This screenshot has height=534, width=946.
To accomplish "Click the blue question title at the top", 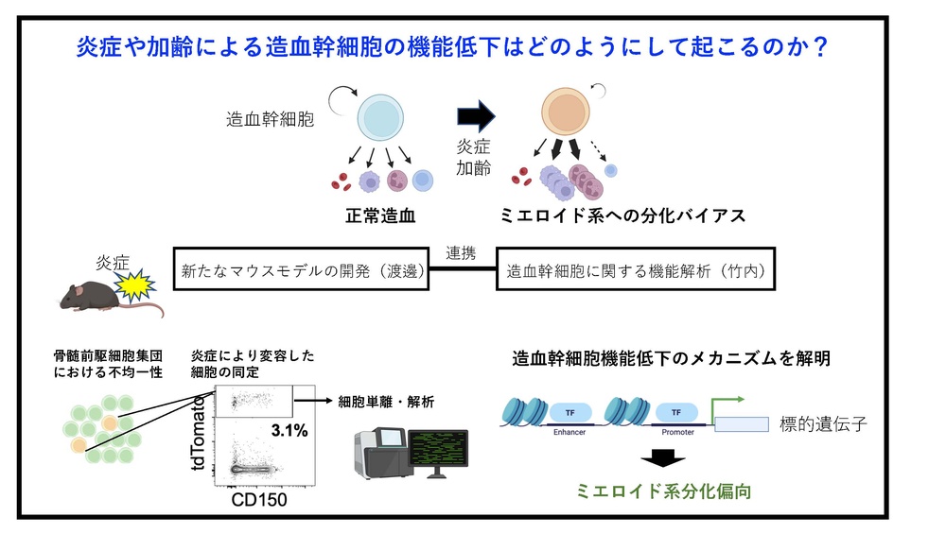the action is click(452, 46).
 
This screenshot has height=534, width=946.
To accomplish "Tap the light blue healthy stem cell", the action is click(380, 117).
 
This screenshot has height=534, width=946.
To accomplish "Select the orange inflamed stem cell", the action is click(566, 112).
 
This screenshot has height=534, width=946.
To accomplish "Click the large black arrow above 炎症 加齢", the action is click(476, 115).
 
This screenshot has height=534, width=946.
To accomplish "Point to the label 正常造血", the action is click(380, 215).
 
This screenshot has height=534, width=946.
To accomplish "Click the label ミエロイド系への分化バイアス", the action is click(622, 215).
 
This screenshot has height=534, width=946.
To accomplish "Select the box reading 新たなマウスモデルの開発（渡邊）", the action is click(301, 268).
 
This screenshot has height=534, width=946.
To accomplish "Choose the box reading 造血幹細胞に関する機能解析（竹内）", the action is click(636, 268).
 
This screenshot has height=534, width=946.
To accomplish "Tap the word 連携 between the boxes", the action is click(461, 253).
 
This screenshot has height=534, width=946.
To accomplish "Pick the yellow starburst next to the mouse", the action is click(135, 285).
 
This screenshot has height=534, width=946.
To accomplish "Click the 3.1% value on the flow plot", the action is click(289, 430).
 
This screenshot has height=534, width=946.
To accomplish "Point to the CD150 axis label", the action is click(259, 500).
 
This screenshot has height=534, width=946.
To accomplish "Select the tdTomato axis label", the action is click(199, 433).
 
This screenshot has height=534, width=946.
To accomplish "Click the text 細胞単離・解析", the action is click(386, 402).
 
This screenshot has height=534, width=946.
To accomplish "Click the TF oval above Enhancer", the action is click(570, 413).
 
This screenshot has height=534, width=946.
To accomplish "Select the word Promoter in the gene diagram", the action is click(677, 432).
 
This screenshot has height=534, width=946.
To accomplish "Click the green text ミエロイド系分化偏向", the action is click(664, 491).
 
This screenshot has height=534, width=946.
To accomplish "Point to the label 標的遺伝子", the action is click(824, 424).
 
